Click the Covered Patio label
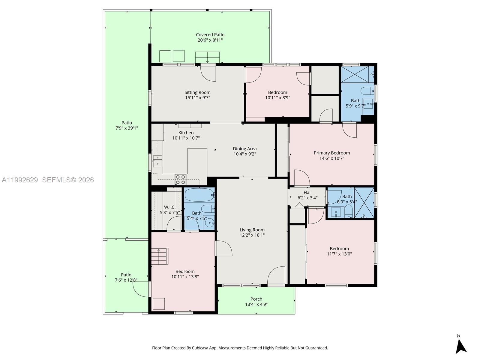(210, 35)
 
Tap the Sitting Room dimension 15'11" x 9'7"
(197, 98)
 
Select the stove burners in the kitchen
(181, 179)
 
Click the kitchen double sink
(157, 161)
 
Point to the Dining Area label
(245, 149)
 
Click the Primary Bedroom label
(332, 153)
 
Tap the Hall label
(307, 193)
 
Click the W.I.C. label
(170, 207)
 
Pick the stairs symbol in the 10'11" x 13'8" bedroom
(159, 256)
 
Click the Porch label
(256, 299)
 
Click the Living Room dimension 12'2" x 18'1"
(252, 235)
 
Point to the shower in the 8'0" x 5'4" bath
(364, 202)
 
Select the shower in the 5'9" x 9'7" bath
(357, 74)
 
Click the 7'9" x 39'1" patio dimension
(127, 128)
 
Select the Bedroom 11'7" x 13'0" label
(339, 249)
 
